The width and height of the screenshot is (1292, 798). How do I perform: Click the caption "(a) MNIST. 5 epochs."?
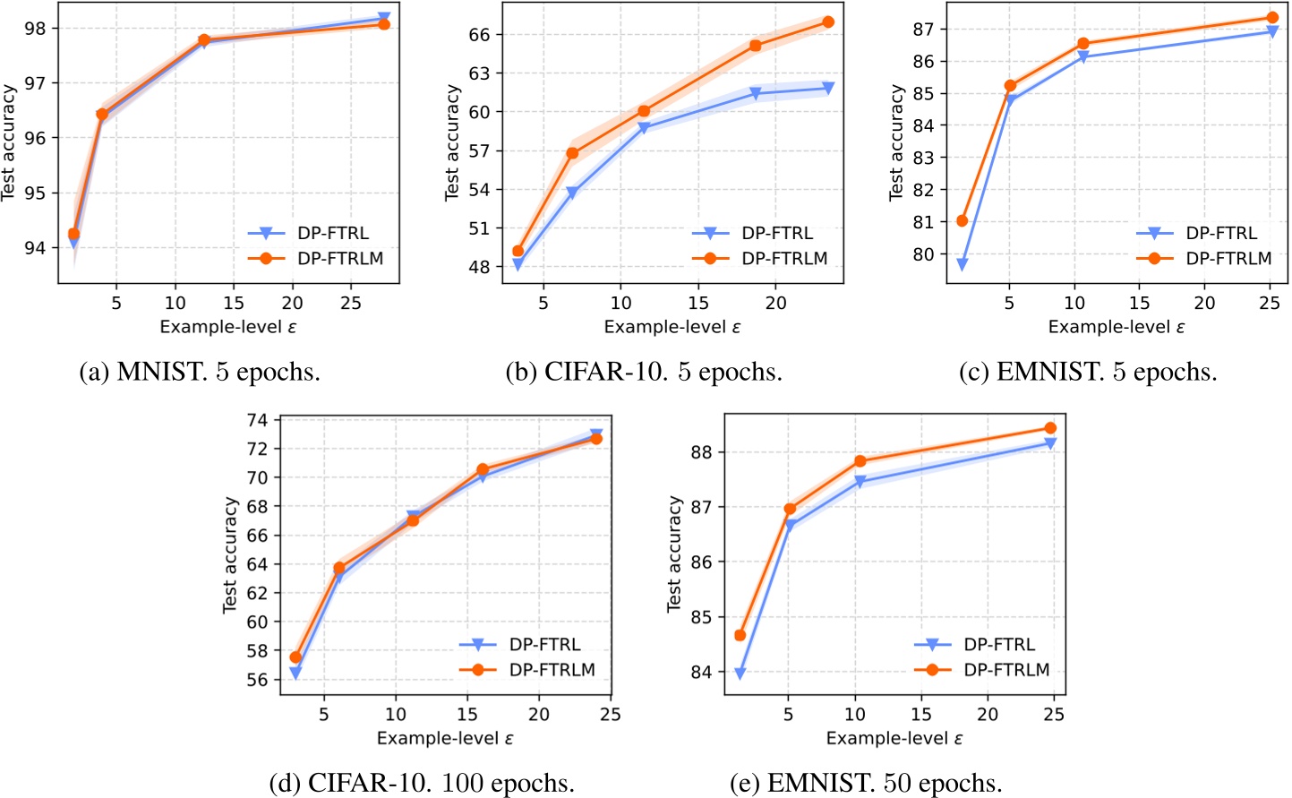200,372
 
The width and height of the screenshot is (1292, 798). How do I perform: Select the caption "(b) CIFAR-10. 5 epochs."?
644,372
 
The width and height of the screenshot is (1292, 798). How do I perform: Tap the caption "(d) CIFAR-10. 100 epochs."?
422,783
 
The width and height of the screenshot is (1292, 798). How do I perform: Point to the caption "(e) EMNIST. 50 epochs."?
866,783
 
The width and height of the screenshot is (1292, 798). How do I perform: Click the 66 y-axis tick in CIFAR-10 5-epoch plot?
479,35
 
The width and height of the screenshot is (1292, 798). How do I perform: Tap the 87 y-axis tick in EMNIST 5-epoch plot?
922,30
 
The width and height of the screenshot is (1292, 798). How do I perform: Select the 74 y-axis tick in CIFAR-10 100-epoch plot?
257,420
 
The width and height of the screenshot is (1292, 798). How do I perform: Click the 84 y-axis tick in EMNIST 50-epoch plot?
701,673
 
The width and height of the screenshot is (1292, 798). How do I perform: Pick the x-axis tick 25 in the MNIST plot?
351,303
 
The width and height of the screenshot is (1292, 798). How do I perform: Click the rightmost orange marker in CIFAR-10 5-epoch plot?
828,21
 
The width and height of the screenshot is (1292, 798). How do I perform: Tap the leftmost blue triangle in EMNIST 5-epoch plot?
963,264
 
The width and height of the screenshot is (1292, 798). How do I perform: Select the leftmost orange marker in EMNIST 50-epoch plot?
740,635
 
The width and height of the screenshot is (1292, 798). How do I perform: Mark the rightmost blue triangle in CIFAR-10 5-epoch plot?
828,88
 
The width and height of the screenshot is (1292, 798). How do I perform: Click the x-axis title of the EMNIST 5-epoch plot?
1117,327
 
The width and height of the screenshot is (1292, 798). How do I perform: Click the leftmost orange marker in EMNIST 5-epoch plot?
963,220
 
